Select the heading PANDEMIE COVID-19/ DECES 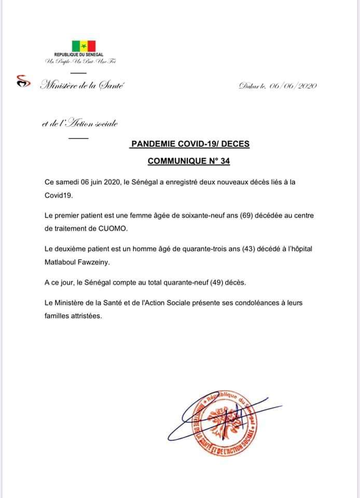pos(190,144)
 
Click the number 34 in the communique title pos(225,161)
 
